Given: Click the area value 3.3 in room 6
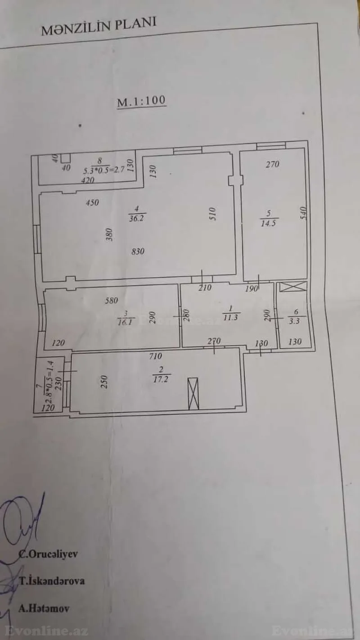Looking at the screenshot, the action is [x=295, y=320].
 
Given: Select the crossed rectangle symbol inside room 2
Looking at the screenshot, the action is [x=193, y=394].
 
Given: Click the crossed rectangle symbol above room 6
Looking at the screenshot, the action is [x=293, y=287].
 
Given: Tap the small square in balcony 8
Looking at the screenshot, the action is [x=66, y=158].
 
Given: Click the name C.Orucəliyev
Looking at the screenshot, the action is [x=48, y=554].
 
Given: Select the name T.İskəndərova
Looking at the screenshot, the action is [x=52, y=581].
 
